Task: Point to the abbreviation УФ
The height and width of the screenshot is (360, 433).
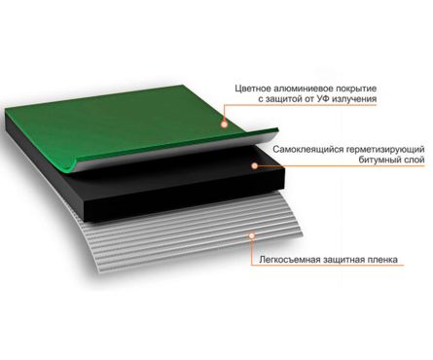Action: pyautogui.click(x=324, y=99)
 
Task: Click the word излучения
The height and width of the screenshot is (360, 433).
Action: pyautogui.click(x=355, y=99)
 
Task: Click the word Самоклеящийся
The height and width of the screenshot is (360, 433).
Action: pyautogui.click(x=307, y=149)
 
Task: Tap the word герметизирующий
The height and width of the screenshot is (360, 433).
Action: pyautogui.click(x=385, y=149)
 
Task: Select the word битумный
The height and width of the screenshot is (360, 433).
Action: pyautogui.click(x=378, y=160)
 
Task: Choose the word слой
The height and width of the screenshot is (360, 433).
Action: pyautogui.click(x=413, y=160)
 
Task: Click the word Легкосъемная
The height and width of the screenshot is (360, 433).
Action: pyautogui.click(x=290, y=260)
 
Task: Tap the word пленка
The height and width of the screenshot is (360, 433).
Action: pyautogui.click(x=383, y=260)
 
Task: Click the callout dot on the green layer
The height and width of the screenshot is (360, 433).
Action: pyautogui.click(x=224, y=125)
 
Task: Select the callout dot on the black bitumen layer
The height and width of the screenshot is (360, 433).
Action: pyautogui.click(x=255, y=165)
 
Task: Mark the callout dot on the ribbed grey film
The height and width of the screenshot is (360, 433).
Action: pyautogui.click(x=252, y=235)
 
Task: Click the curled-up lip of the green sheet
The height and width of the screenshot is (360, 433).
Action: pyautogui.click(x=73, y=164)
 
